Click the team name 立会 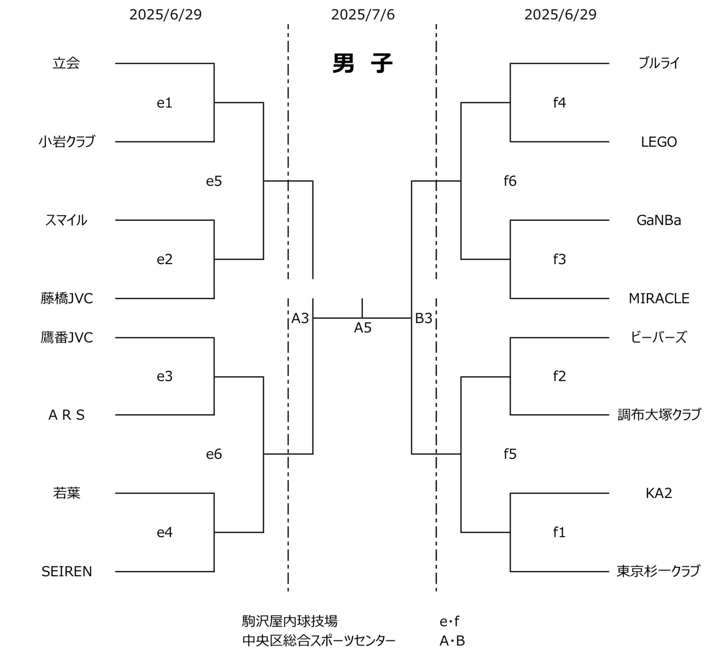tap(66, 63)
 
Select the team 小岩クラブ tap(66, 141)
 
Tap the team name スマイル tap(66, 220)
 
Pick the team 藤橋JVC tap(66, 298)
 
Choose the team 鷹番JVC tap(66, 338)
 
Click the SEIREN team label tap(66, 571)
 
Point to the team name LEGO tap(659, 142)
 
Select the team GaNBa tap(659, 220)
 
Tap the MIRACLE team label tap(659, 298)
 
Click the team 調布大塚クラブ tap(659, 414)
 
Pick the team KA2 tap(659, 493)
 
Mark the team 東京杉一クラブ tap(658, 571)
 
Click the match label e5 tap(214, 181)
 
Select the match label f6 tap(510, 181)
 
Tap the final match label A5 tap(363, 328)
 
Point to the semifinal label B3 tap(423, 319)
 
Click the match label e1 tap(165, 103)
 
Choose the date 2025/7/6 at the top tap(363, 15)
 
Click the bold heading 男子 tap(363, 63)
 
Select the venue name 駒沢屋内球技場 tap(289, 621)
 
